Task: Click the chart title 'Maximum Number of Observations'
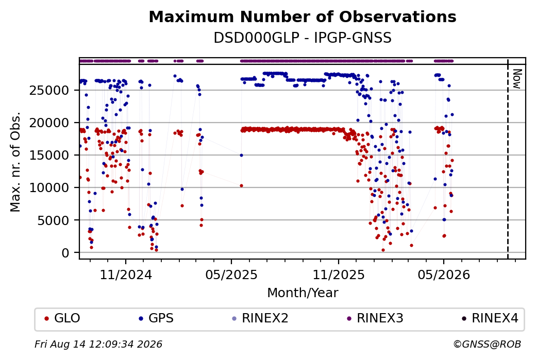point(303,16)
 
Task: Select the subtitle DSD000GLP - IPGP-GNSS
point(303,38)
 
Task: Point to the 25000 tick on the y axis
point(49,91)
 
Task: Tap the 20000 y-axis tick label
point(49,123)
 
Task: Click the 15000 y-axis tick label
point(49,156)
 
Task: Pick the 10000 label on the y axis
point(49,188)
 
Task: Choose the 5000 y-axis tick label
point(53,220)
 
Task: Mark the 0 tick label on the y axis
point(65,253)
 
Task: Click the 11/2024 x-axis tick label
point(126,275)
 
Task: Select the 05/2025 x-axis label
point(231,275)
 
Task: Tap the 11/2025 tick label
point(339,275)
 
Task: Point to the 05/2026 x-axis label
point(444,275)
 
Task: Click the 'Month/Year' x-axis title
point(303,293)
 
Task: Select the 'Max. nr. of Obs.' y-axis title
point(15,162)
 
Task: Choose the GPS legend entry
point(156,318)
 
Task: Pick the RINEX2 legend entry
point(260,318)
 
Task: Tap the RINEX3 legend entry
point(375,318)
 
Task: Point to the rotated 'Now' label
point(517,79)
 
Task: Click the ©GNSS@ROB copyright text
point(487,344)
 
